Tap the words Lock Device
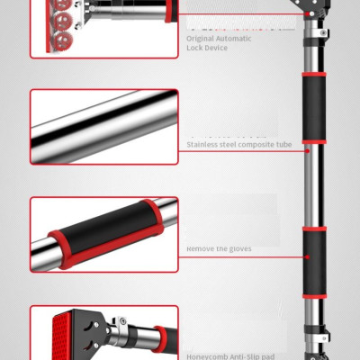pyautogui.click(x=208, y=48)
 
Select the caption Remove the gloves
pyautogui.click(x=219, y=248)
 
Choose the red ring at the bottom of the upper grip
pyautogui.click(x=313, y=141)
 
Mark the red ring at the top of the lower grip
pyautogui.click(x=313, y=230)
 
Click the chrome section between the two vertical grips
pyautogui.click(x=313, y=185)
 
